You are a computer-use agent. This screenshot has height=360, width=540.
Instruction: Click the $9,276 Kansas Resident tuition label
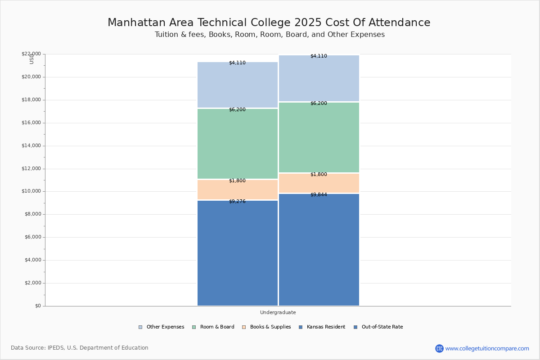point(237,202)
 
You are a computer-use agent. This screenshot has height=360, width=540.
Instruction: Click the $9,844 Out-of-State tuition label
point(319,195)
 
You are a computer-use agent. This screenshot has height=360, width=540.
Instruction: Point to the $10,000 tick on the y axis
point(31,191)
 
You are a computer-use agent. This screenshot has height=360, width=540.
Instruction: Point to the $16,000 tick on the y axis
point(31,123)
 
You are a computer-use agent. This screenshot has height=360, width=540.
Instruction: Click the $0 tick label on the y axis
point(37,306)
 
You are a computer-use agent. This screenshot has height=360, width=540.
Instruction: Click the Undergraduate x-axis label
point(278,312)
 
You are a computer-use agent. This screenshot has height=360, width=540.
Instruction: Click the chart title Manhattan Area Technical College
point(269,23)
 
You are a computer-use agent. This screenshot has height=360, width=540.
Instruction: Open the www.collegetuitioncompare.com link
point(487,348)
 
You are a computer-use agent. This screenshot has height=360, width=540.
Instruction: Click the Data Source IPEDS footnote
point(80,348)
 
